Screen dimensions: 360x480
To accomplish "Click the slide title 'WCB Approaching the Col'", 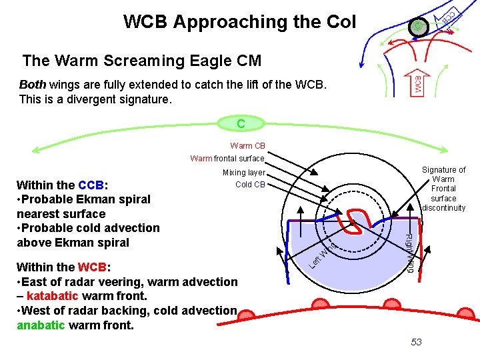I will pos(239,21).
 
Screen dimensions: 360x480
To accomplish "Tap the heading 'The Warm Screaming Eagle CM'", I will pos(141,61).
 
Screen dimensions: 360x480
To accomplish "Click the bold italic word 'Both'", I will pos(33,85).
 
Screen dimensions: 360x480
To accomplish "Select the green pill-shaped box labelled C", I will pos(240,123).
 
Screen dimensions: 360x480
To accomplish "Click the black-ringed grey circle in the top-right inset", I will pos(417,27).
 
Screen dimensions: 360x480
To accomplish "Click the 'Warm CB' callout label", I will pos(247,146).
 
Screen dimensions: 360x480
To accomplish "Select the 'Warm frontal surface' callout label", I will pos(227,159).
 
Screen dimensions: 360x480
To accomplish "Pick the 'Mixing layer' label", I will pos(243,173).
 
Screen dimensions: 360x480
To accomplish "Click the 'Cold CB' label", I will pos(250,185).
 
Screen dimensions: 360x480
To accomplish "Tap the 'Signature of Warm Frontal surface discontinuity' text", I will pos(443,189).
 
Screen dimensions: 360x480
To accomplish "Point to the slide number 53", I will pos(417,342).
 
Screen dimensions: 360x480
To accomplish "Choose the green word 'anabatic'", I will pos(41,325).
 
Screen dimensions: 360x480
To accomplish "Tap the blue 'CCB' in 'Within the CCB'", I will pos(90,185).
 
